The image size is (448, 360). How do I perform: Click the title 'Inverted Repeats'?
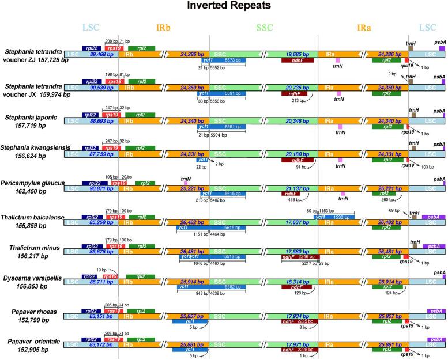coord(224,7)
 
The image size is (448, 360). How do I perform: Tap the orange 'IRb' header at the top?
coord(164,28)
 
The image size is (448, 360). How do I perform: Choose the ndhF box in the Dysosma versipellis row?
coord(298,286)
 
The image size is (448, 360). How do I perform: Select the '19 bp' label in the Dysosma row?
coord(101,270)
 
